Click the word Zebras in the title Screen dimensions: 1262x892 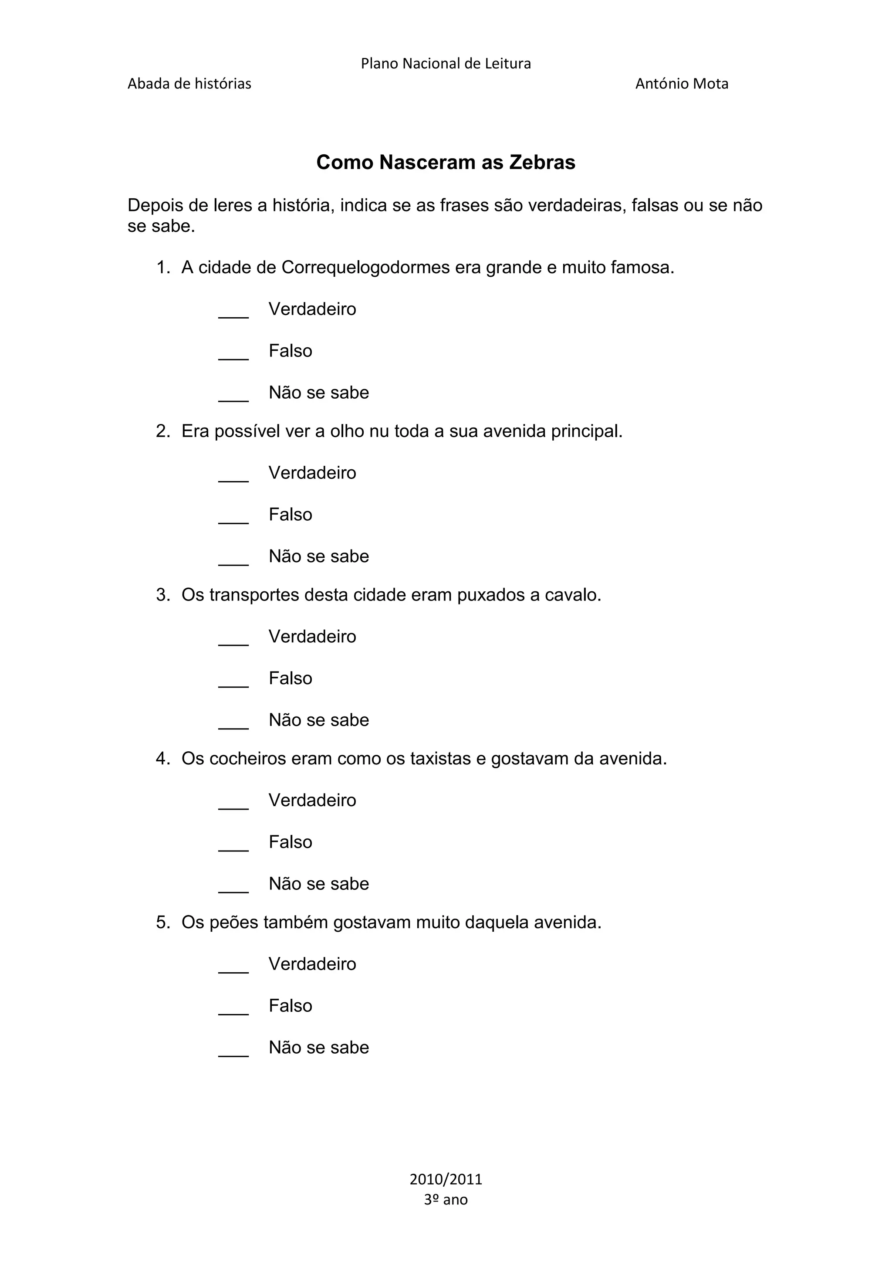tap(542, 163)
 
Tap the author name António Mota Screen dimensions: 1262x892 tap(682, 84)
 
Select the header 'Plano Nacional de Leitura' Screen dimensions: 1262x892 tap(446, 64)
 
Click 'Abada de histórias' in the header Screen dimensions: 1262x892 tap(189, 84)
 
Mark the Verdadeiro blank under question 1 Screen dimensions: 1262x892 tap(233, 313)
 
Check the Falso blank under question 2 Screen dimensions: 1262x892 tap(233, 519)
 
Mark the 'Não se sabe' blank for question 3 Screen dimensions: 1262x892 tap(233, 724)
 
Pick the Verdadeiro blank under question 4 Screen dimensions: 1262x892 tap(233, 805)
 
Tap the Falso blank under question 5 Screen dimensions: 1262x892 tap(233, 1010)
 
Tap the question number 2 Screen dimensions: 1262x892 tap(162, 431)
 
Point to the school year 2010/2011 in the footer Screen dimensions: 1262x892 tap(446, 1180)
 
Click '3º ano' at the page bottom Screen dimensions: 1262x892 tap(446, 1199)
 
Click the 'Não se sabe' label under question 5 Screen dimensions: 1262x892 tap(318, 1048)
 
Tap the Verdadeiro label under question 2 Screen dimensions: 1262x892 tap(312, 473)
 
